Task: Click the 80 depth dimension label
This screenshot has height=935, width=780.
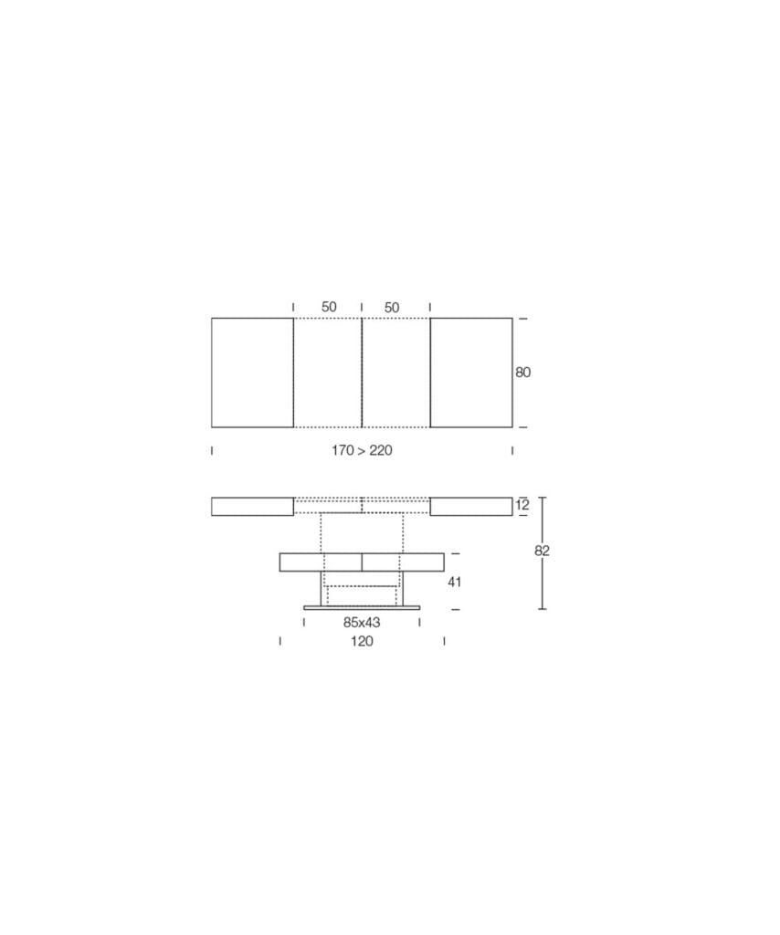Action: tap(522, 373)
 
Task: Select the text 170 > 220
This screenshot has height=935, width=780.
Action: tap(362, 450)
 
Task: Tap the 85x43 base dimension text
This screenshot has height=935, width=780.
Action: tap(362, 622)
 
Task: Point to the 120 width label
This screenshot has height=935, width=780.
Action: tap(362, 641)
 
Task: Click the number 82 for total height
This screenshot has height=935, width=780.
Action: tap(543, 551)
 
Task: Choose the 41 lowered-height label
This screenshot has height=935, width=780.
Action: tap(454, 581)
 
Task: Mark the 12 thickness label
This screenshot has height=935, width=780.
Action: tap(522, 505)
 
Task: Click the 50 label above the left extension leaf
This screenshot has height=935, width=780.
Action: tap(329, 307)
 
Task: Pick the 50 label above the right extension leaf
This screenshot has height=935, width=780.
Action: tap(392, 308)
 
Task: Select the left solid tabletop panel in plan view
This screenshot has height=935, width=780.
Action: tap(252, 373)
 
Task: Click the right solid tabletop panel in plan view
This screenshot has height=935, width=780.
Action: tap(471, 373)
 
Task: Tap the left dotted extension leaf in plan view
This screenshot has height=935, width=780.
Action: tap(327, 373)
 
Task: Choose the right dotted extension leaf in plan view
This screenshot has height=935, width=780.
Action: tap(395, 373)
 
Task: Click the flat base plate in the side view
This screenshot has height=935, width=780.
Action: tap(362, 607)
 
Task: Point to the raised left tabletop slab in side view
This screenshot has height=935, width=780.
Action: tap(252, 506)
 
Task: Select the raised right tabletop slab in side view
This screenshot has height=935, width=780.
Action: tap(471, 506)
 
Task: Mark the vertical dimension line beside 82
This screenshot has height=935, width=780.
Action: tap(543, 584)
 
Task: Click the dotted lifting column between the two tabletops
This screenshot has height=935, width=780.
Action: tap(362, 532)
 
